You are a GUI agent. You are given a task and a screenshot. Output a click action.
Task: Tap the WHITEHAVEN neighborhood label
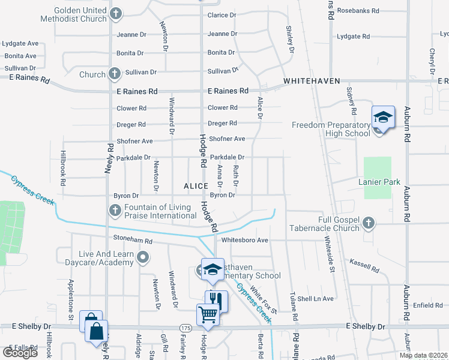312,80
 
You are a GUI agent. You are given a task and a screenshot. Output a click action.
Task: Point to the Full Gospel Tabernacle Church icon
369,223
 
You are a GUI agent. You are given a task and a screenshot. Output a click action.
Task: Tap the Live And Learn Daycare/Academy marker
143,258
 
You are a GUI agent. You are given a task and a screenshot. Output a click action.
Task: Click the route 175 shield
185,328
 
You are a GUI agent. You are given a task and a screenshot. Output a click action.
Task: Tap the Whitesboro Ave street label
244,240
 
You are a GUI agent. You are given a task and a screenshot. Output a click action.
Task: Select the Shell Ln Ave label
315,298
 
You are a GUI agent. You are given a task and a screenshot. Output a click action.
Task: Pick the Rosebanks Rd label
358,11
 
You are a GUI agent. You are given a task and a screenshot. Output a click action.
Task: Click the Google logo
20,353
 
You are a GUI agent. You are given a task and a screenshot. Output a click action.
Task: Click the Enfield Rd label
428,305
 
